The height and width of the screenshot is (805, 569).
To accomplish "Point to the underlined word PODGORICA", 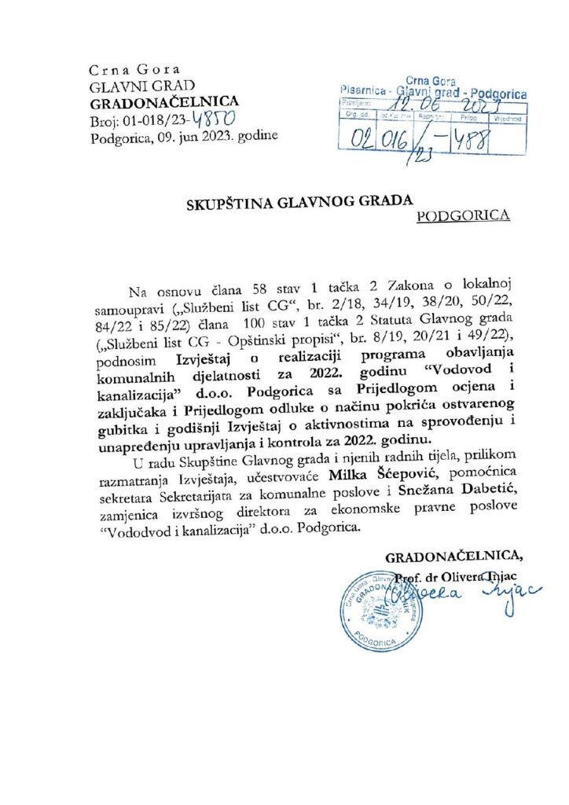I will pyautogui.click(x=462, y=215).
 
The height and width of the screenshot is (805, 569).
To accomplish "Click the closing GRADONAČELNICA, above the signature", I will pyautogui.click(x=453, y=559).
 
